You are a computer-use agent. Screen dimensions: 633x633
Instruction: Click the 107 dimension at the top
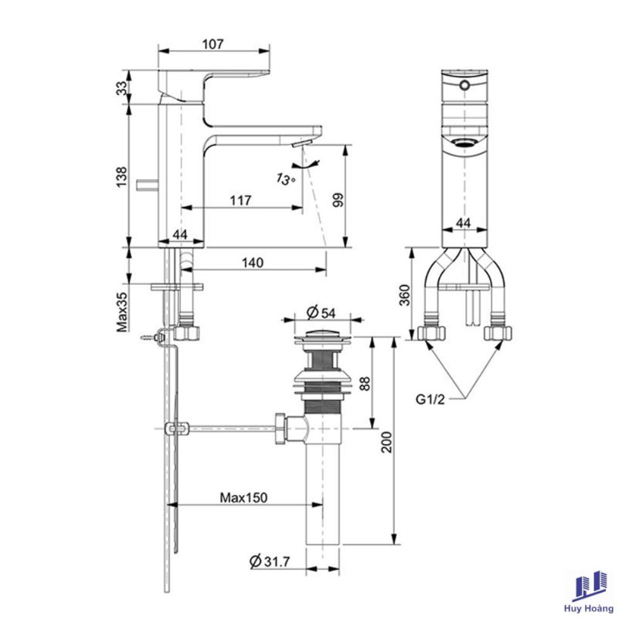click(212, 44)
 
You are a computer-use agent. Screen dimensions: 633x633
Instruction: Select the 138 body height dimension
click(122, 177)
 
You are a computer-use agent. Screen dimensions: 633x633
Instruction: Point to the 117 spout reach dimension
click(241, 200)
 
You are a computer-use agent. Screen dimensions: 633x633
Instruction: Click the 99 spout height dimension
click(338, 200)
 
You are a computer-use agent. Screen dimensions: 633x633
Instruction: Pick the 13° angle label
click(286, 179)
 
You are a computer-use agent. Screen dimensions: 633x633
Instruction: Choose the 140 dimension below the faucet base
click(253, 263)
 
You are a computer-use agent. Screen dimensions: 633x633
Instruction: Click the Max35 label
click(122, 312)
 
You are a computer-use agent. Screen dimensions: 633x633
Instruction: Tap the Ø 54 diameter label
click(321, 312)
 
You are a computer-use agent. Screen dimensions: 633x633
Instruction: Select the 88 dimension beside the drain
click(365, 383)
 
